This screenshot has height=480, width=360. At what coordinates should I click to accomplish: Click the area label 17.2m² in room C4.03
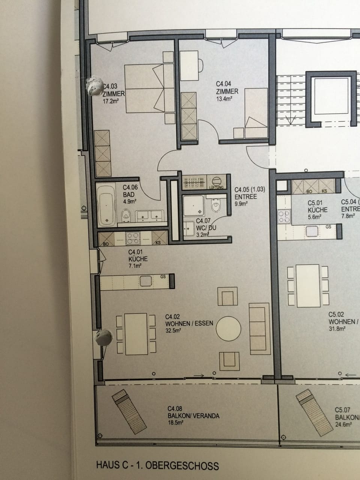point(111,101)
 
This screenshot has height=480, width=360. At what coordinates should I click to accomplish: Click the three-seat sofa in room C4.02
point(259,328)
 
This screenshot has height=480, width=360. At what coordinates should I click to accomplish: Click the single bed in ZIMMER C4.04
point(256,109)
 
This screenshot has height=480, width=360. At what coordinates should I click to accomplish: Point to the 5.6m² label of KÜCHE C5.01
point(315,217)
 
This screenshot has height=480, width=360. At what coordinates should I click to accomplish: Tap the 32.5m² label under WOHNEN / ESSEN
point(174,330)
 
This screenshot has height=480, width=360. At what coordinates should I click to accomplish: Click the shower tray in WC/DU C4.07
point(194,205)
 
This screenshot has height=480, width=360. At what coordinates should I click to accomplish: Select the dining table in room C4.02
point(136,334)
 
